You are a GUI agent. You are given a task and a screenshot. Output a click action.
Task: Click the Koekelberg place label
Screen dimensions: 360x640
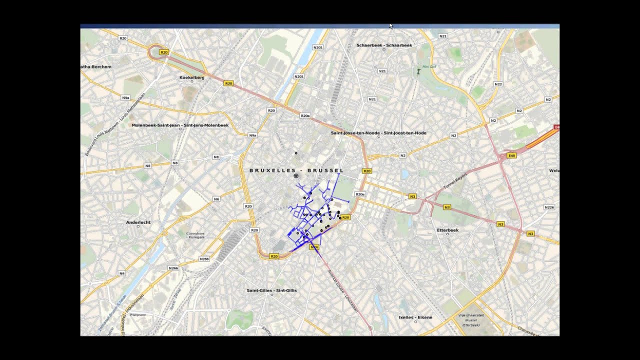coord(191,77)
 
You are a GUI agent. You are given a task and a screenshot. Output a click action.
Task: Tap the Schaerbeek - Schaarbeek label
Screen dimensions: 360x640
coord(384,45)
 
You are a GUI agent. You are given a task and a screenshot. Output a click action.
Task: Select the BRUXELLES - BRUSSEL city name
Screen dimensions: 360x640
coord(296,170)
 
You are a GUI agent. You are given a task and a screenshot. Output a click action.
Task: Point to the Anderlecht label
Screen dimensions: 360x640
coord(138,222)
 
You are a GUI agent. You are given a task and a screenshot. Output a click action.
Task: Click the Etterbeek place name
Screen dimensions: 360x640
coord(447,230)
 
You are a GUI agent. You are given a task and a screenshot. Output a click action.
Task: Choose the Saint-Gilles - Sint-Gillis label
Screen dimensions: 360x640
coord(271,290)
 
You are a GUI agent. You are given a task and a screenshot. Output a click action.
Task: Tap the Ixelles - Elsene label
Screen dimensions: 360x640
coord(415,317)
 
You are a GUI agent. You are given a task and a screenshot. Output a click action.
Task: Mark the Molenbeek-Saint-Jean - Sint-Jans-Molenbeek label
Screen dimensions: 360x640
coord(180,125)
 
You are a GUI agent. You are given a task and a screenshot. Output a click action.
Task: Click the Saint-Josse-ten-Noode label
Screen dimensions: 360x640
coord(378,133)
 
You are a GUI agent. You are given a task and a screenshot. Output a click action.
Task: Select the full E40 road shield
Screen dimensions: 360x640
coord(511,156)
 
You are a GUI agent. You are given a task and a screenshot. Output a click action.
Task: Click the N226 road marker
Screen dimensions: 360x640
coord(549,207)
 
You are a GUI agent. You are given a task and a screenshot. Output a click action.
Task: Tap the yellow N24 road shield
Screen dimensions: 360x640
coord(314,247)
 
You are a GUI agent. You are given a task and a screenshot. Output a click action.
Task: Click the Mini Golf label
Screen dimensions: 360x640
coord(429,66)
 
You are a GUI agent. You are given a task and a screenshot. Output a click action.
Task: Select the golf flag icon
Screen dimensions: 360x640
coord(418,72)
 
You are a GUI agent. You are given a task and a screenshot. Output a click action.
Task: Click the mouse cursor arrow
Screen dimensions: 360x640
coord(391,26)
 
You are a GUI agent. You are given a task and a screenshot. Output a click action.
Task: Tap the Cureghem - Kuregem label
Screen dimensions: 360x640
coord(195,235)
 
